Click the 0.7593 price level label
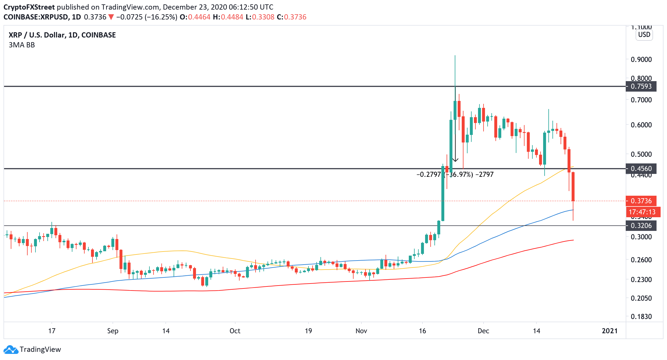[641, 86]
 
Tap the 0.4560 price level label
[641, 169]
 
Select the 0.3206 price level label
[641, 226]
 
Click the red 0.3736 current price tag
[641, 201]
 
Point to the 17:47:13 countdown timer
[643, 212]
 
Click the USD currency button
[644, 35]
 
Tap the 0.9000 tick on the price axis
[641, 60]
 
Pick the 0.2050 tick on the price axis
[641, 298]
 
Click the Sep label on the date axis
[113, 331]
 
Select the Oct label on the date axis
[235, 331]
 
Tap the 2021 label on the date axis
[609, 331]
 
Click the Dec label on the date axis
[483, 331]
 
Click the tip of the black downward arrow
[455, 161]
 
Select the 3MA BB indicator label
[22, 45]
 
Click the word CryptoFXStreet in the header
[29, 7]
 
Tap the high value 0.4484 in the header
[232, 17]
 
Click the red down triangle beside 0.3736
[111, 17]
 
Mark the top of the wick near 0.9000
[455, 56]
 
